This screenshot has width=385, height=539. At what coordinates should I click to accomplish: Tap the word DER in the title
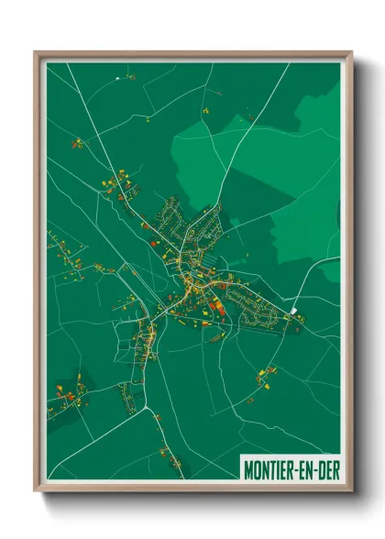point(324,469)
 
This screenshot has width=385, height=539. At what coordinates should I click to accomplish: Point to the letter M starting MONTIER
point(248,469)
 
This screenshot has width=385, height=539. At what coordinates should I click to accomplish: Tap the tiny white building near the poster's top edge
point(118,81)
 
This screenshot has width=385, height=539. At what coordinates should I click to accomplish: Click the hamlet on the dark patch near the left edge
point(78,388)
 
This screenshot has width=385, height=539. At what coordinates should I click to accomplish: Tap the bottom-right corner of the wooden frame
point(351,490)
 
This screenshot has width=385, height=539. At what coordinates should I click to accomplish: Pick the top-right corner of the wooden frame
point(351,53)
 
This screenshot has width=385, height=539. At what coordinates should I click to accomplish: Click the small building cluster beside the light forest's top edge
point(247,116)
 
